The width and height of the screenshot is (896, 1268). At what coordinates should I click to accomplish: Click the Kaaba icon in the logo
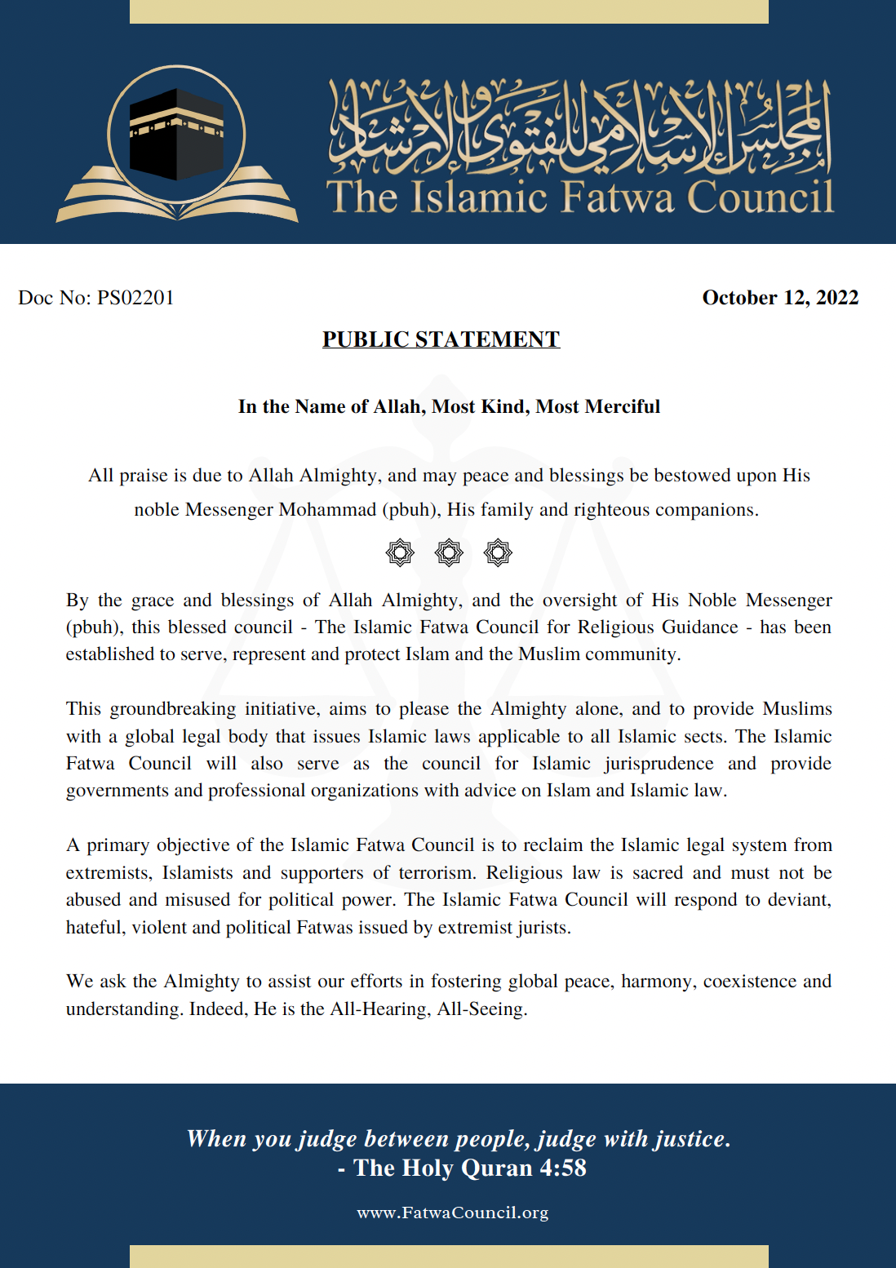[x=176, y=134]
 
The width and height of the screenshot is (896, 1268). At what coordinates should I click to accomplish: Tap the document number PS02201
[x=135, y=298]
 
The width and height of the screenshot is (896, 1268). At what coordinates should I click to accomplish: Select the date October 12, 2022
[x=780, y=298]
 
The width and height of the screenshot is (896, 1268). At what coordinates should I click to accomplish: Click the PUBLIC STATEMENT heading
[x=441, y=339]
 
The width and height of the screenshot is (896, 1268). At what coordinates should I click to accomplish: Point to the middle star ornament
[x=449, y=552]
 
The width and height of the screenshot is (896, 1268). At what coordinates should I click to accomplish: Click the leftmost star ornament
[x=400, y=552]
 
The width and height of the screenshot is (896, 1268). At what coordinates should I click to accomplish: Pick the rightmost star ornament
[x=498, y=552]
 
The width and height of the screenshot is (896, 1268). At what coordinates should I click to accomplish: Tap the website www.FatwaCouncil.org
[x=452, y=1213]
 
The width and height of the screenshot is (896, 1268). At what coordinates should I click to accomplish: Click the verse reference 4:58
[x=562, y=1168]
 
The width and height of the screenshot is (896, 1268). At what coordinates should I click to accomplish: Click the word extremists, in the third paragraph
[x=109, y=872]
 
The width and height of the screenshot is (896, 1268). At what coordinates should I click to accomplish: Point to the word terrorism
[x=437, y=872]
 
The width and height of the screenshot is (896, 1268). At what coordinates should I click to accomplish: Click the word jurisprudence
[x=659, y=763]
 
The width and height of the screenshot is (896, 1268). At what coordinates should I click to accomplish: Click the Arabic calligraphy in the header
[x=579, y=126]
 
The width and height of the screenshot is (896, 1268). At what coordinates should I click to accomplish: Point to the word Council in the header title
[x=760, y=197]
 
